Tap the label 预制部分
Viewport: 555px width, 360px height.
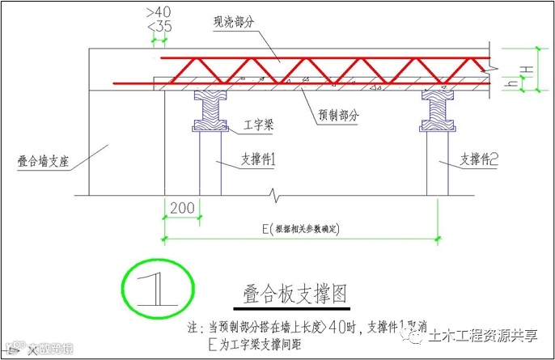pos(334,116)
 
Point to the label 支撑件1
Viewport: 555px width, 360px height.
pos(260,160)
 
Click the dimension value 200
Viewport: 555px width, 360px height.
pos(182,208)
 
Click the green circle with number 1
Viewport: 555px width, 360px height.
pos(157,288)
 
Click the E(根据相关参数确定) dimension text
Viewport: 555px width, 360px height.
pos(301,229)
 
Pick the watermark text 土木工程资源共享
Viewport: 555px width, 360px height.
pos(483,336)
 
